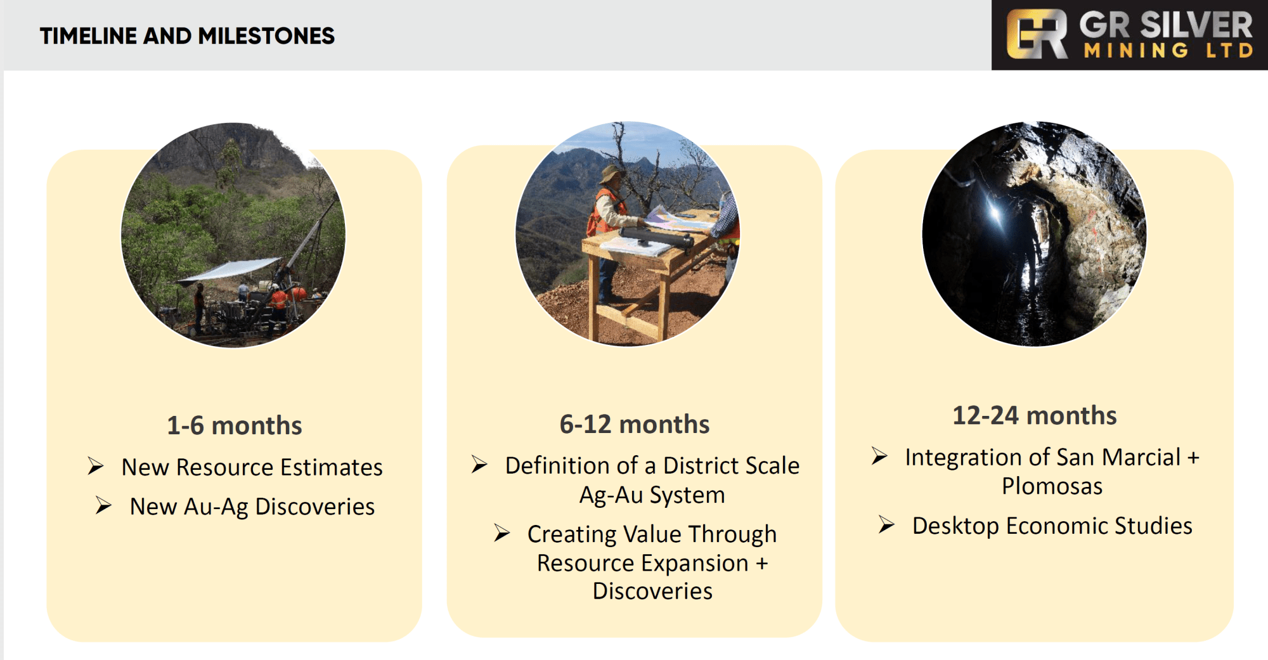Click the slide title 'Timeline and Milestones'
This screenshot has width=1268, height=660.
187,36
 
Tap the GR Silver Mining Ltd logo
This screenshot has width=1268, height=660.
1130,35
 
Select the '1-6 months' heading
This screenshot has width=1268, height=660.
235,425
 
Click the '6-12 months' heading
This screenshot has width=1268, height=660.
635,424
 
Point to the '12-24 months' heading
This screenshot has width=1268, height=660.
1035,415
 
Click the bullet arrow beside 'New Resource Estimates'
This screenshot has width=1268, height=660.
96,467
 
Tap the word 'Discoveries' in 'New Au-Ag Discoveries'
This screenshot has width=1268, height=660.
315,507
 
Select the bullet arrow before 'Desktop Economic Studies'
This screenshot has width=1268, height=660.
886,525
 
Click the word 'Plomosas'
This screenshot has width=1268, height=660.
1052,486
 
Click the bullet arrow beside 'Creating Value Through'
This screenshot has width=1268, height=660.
502,533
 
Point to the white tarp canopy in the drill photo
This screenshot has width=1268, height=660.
230,269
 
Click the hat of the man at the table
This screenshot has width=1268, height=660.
613,173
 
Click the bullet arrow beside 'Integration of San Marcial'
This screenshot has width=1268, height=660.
879,456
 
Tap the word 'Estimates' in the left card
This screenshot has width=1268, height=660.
332,467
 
